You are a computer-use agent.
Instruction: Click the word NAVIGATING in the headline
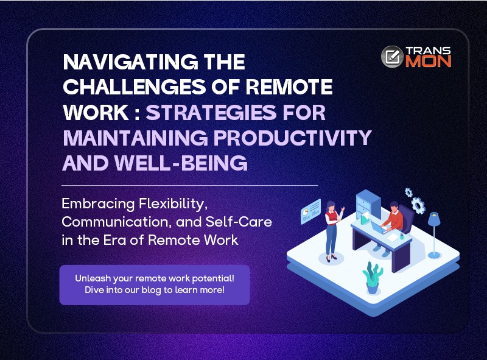point(130,62)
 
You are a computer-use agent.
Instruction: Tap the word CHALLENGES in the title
point(134,86)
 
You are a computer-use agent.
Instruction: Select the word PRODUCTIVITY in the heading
point(293,138)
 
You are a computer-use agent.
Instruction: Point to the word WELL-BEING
point(181,163)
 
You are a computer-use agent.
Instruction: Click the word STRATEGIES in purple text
point(211,112)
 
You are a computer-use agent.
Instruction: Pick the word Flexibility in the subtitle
point(173,204)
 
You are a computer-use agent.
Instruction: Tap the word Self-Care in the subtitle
point(239,222)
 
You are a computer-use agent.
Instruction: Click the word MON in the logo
point(429,62)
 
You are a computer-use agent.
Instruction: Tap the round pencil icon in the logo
point(392,57)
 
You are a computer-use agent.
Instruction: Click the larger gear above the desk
point(418,205)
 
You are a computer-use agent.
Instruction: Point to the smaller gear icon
point(408,192)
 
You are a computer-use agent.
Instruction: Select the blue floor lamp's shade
point(434,219)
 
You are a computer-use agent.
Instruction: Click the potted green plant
point(373,278)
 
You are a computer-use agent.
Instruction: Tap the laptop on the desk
point(379,228)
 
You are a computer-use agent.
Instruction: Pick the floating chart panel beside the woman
point(310,211)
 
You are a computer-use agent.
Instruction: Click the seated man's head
point(394,206)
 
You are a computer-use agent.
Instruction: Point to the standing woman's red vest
point(331,217)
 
